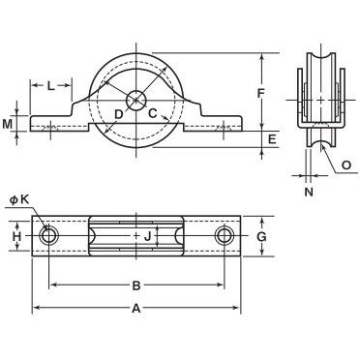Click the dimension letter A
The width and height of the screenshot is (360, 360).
click(136, 309)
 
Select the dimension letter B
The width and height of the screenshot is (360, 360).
click(136, 285)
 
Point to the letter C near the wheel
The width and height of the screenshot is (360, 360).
click(152, 113)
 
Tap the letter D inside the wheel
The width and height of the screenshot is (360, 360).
click(119, 113)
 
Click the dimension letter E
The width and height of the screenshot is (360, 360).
click(272, 139)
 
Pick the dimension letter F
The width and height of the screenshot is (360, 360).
click(260, 93)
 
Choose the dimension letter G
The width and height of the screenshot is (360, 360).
click(261, 237)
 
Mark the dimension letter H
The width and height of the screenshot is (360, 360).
click(16, 237)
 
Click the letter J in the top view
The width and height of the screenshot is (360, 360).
click(147, 237)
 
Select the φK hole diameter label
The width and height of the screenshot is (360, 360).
click(19, 200)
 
